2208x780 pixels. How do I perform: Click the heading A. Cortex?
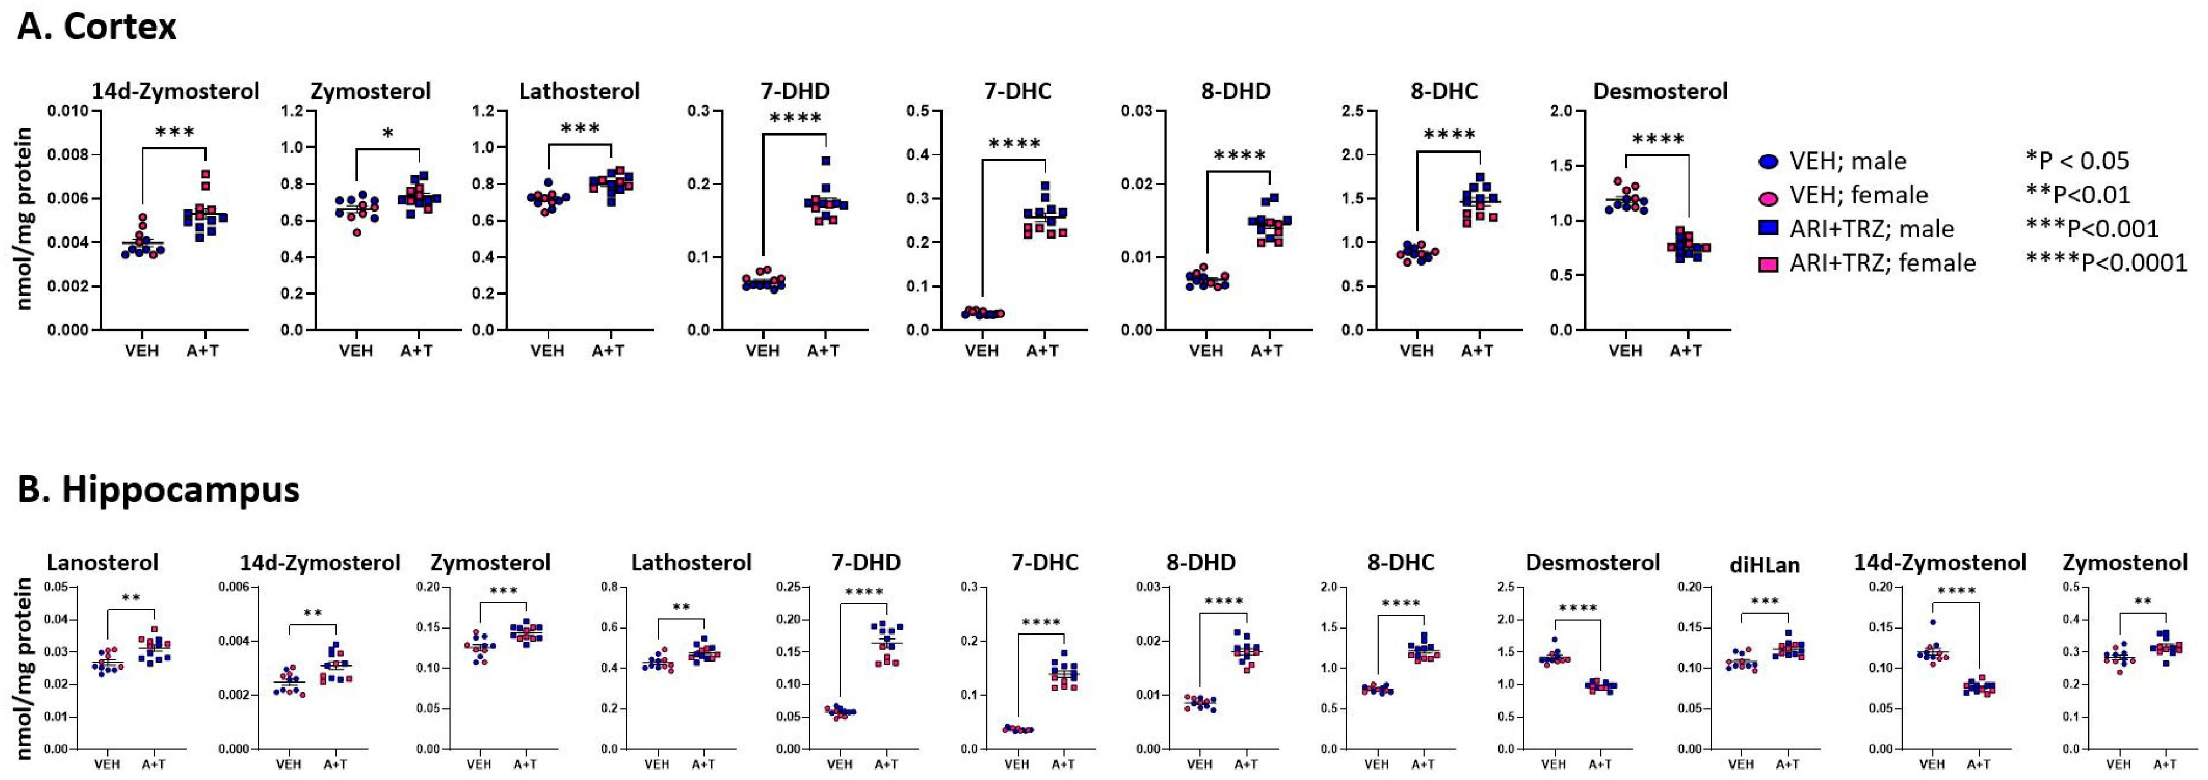point(97,26)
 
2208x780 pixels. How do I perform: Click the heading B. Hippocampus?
point(159,490)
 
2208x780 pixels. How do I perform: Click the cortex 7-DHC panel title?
point(1018,91)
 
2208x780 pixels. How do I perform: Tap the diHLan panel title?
point(1764,564)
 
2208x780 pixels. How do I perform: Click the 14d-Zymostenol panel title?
point(1940,562)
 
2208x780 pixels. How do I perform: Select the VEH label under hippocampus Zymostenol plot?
point(2118,763)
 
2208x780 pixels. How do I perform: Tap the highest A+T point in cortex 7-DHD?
point(825,160)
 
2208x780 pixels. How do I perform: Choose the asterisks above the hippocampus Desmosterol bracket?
point(1577,609)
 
